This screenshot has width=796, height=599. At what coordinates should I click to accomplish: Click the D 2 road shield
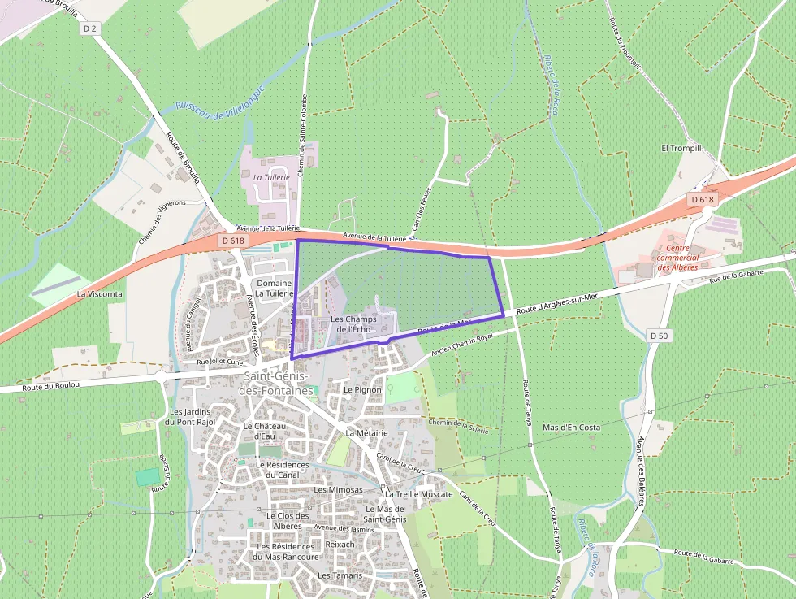point(90,28)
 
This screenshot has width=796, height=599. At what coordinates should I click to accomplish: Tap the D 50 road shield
point(658,335)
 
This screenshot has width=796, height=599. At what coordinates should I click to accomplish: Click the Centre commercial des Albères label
point(677,257)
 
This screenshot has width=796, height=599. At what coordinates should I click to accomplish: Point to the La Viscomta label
point(100,293)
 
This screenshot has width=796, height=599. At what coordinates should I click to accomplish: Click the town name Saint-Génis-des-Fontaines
point(276,384)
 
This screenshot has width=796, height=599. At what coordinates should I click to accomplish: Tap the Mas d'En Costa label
point(571,427)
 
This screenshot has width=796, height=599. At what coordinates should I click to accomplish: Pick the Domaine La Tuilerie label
point(274,288)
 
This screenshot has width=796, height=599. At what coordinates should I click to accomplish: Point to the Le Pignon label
point(362,389)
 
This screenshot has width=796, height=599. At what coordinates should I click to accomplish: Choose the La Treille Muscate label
point(418,493)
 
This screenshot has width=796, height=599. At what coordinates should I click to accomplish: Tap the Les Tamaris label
point(340,575)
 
